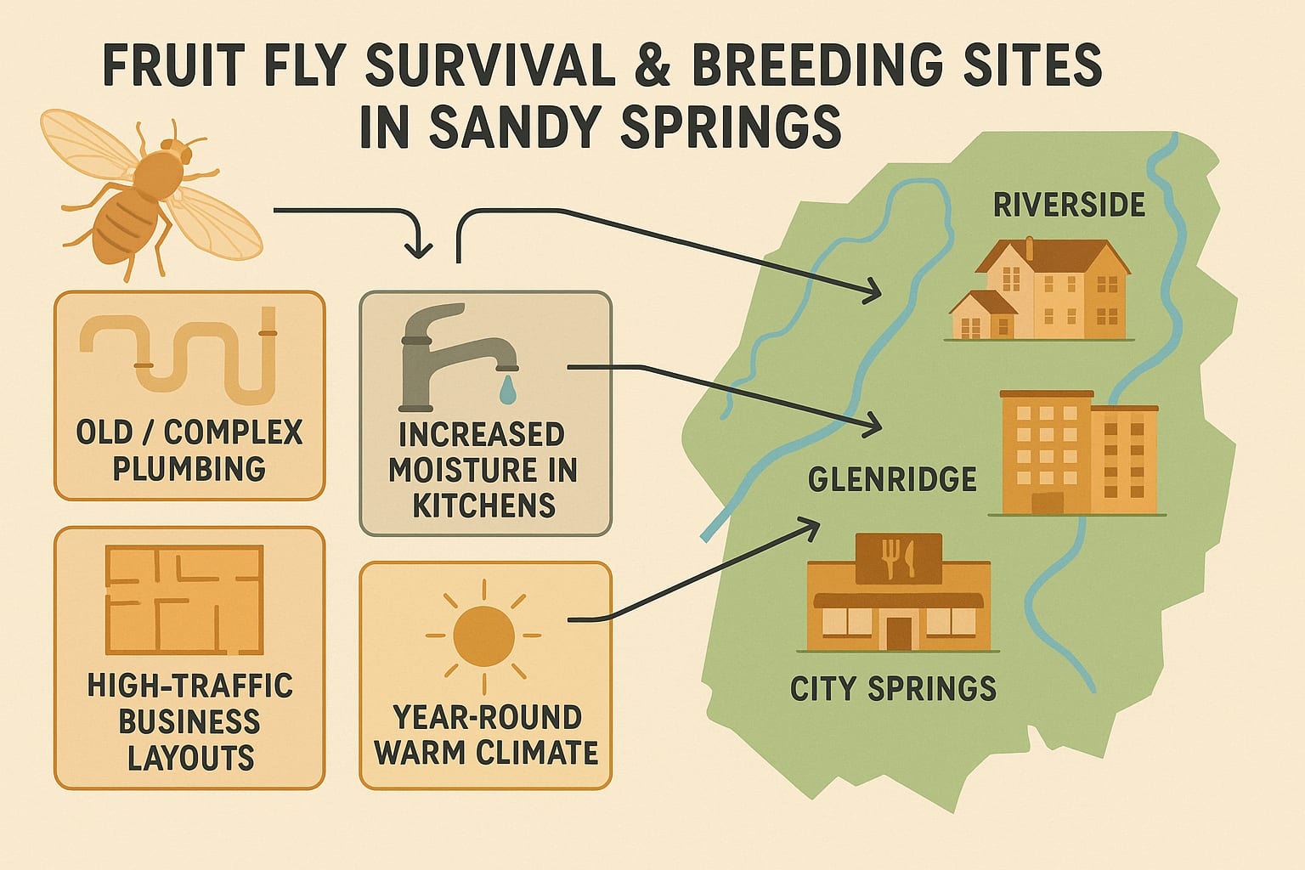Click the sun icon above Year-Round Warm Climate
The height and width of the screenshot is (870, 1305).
[483, 635]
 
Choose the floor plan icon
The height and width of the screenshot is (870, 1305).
[184, 600]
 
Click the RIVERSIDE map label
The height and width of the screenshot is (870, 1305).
[1069, 205]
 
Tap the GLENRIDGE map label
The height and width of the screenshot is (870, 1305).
[891, 480]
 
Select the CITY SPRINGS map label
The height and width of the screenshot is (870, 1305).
[893, 688]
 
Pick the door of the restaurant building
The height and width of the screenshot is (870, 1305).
[899, 632]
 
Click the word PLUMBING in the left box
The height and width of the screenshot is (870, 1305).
[189, 468]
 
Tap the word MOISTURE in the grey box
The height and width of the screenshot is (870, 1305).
[483, 470]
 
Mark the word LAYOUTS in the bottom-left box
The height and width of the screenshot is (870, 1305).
[190, 758]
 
